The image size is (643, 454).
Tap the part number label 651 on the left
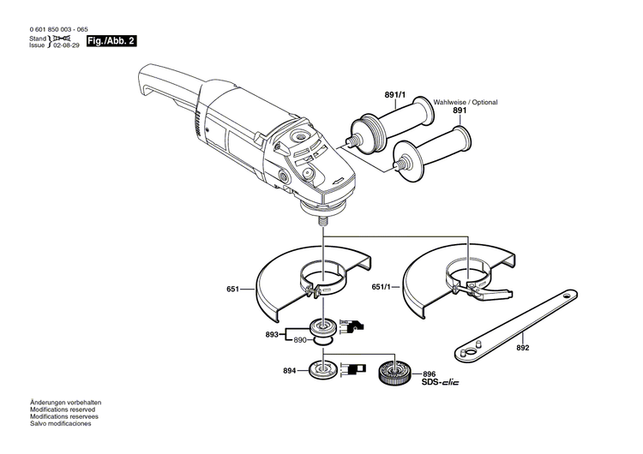click(x=232, y=290)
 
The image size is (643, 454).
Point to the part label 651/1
click(x=385, y=287)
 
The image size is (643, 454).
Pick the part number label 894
click(x=267, y=371)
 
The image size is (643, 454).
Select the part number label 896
click(x=429, y=373)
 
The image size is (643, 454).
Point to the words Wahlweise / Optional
click(x=465, y=102)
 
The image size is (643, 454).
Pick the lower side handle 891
click(x=433, y=151)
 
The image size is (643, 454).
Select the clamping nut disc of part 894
click(x=326, y=370)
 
